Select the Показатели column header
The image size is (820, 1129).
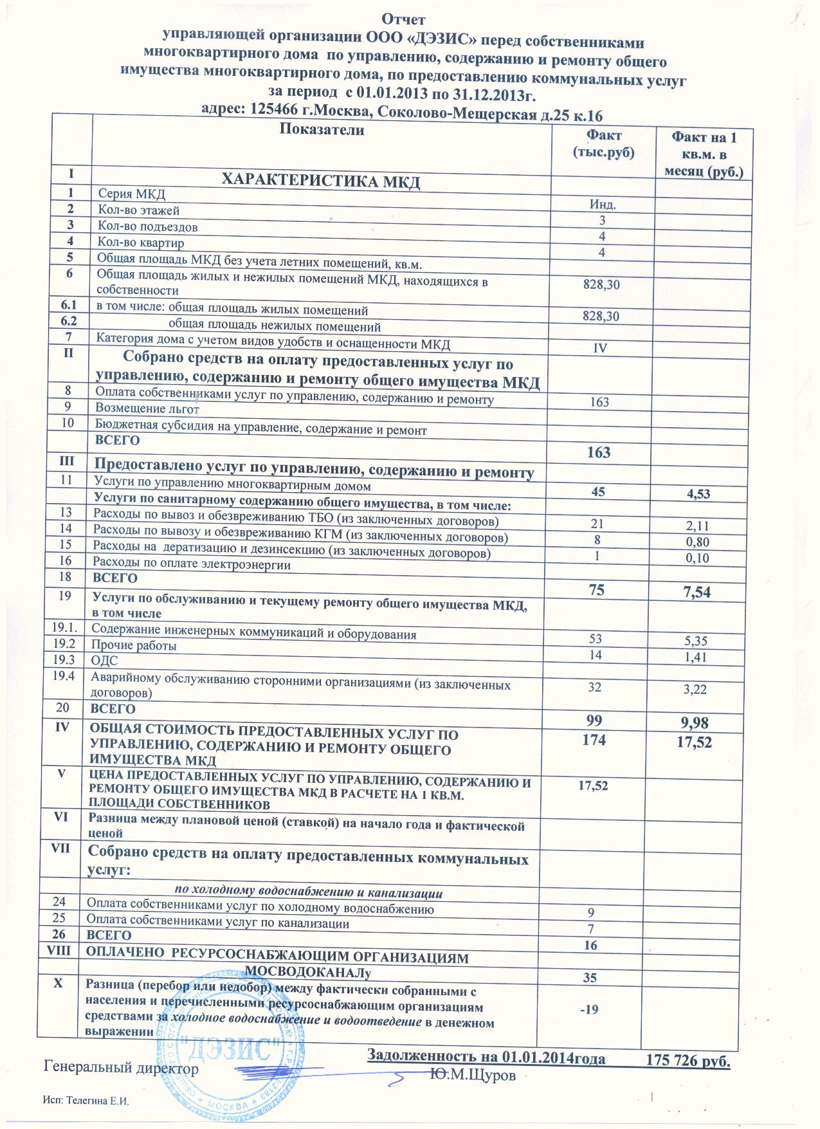click(x=322, y=131)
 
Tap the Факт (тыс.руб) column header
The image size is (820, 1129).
click(x=603, y=143)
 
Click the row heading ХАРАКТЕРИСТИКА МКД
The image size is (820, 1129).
click(x=320, y=181)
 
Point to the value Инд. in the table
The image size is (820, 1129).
click(x=603, y=205)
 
